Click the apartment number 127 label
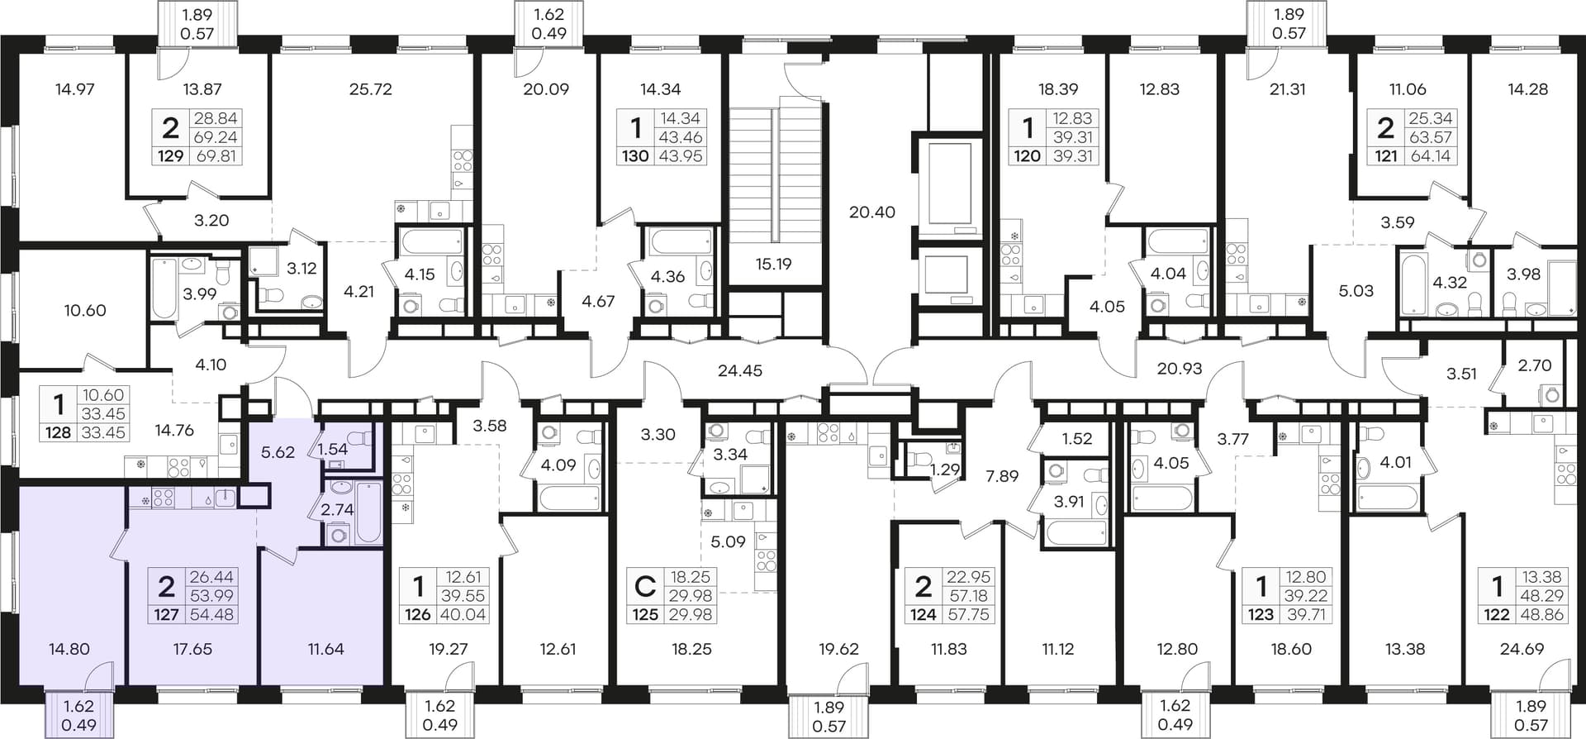pyautogui.click(x=166, y=614)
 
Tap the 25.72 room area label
pyautogui.click(x=370, y=89)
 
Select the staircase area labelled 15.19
pyautogui.click(x=773, y=265)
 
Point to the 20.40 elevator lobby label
pyautogui.click(x=872, y=212)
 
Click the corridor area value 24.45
pyautogui.click(x=740, y=371)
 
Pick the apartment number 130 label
pyautogui.click(x=635, y=155)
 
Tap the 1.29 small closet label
pyautogui.click(x=945, y=470)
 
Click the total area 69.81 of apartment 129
pyautogui.click(x=216, y=155)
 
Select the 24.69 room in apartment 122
pyautogui.click(x=1522, y=649)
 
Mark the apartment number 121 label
pyautogui.click(x=1385, y=155)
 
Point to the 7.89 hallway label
pyautogui.click(x=1002, y=476)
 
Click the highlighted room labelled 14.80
pyautogui.click(x=69, y=649)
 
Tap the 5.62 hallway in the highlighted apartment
pyautogui.click(x=278, y=453)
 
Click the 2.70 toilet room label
pyautogui.click(x=1535, y=365)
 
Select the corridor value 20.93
pyautogui.click(x=1180, y=369)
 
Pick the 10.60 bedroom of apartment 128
pyautogui.click(x=85, y=311)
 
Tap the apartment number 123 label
pyautogui.click(x=1261, y=614)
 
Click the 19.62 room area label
pyautogui.click(x=838, y=649)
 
